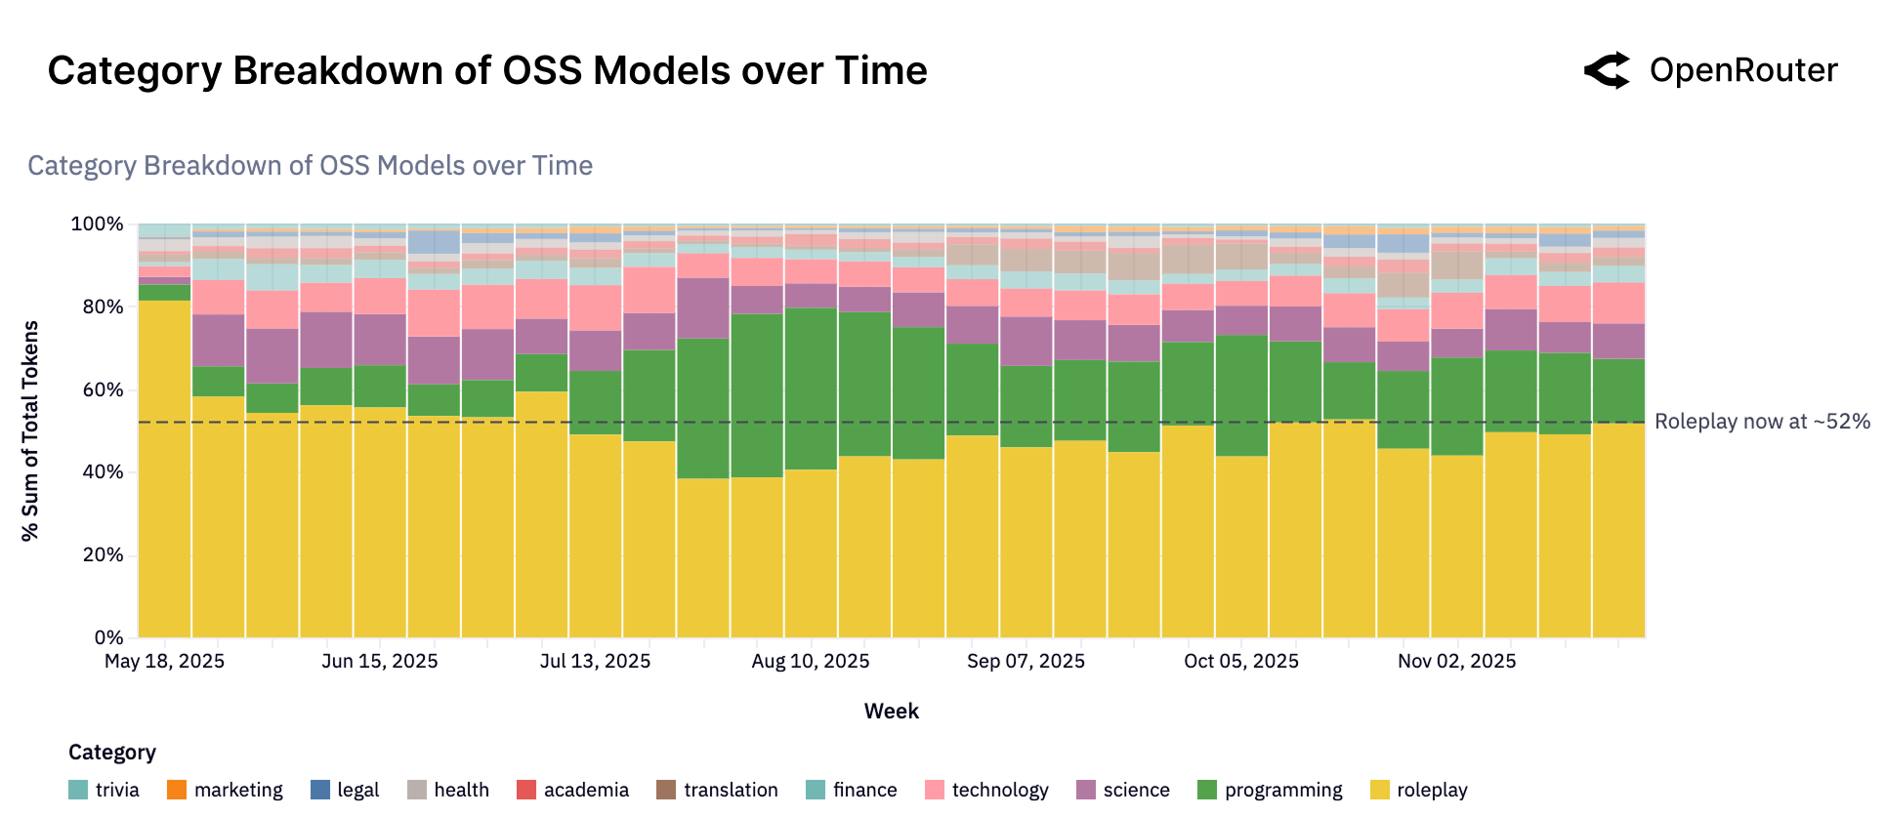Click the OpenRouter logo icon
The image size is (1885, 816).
pos(1607,70)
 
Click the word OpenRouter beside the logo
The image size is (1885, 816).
pos(1742,70)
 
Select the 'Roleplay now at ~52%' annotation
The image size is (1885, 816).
pos(1761,422)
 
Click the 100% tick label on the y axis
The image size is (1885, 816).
pos(97,224)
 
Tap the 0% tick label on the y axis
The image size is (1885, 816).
pos(107,637)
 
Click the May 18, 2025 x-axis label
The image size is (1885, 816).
pos(164,661)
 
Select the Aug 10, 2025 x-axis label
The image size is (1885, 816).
pos(810,661)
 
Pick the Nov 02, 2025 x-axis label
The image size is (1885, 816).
pos(1456,661)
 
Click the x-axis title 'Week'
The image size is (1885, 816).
pos(891,711)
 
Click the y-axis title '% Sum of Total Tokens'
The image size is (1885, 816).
pos(30,430)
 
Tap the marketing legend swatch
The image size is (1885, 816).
pos(177,790)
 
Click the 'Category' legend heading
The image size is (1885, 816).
pos(111,752)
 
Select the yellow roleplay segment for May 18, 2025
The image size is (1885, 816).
pos(164,469)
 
